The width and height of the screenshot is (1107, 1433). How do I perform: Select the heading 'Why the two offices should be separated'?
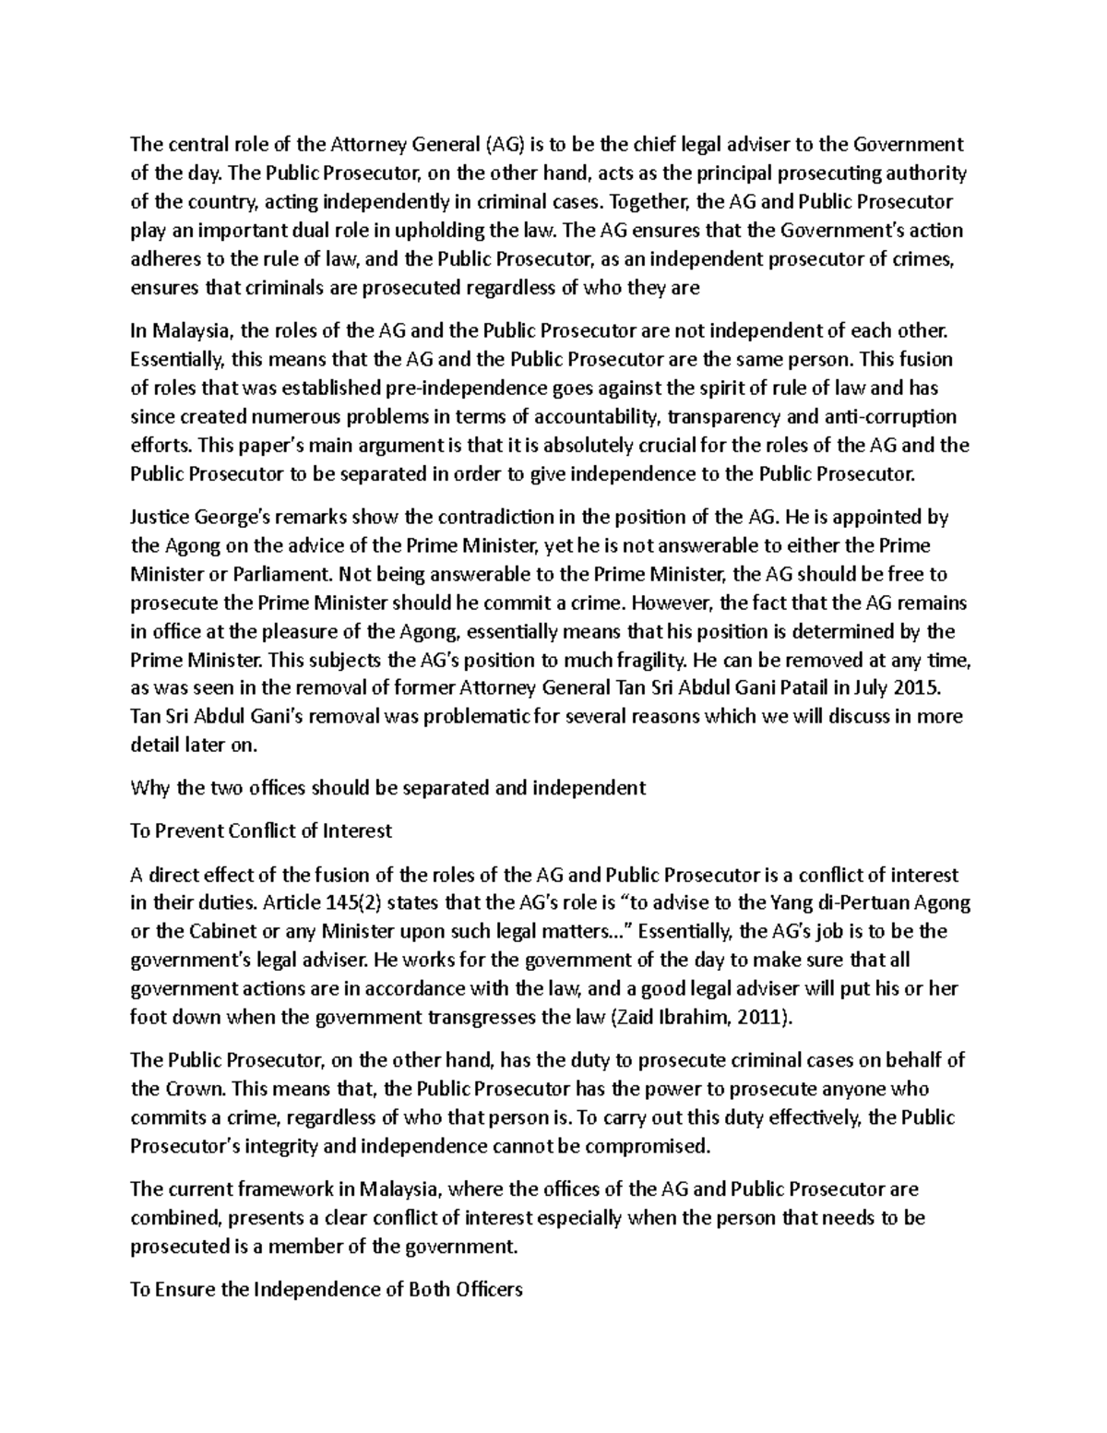(x=387, y=787)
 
